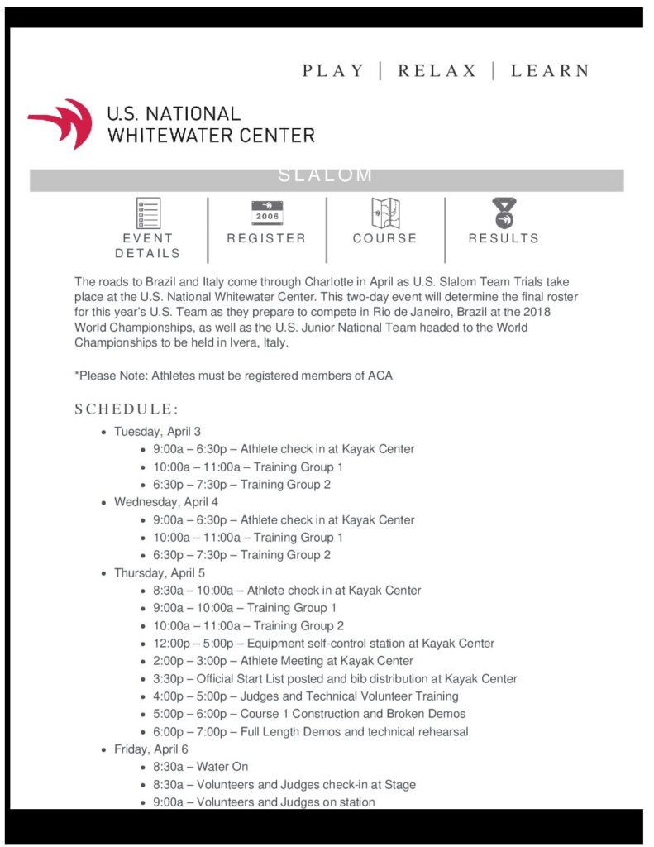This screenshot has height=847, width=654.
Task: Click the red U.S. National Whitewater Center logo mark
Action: point(60,123)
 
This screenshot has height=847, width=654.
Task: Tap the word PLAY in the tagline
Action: point(333,70)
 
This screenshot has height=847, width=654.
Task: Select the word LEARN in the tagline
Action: point(550,70)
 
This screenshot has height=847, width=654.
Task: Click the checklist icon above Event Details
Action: point(148,213)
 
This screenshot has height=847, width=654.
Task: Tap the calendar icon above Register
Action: point(266,213)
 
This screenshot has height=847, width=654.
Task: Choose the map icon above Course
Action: point(385,213)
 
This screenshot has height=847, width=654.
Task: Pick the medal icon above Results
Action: point(503,213)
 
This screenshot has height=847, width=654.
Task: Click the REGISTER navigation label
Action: point(266,238)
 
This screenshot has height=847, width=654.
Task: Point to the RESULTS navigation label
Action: point(504,238)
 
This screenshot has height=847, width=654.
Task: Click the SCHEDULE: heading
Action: point(127,409)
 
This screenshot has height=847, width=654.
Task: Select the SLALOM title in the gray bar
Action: point(326,175)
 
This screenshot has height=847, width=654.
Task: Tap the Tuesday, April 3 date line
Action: point(157,431)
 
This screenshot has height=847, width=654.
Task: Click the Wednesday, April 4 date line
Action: point(166,502)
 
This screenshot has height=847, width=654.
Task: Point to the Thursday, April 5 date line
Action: point(160,572)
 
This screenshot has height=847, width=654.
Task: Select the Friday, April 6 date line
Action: point(151,749)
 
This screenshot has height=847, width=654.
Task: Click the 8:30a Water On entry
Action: point(200,767)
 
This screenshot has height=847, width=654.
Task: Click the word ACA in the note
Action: point(380,376)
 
